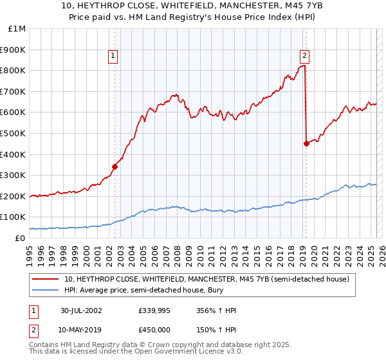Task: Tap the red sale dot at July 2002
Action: click(115, 166)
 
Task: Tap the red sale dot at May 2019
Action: click(306, 143)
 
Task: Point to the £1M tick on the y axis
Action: click(17, 29)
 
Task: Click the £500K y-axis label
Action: click(14, 133)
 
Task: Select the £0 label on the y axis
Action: click(20, 238)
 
